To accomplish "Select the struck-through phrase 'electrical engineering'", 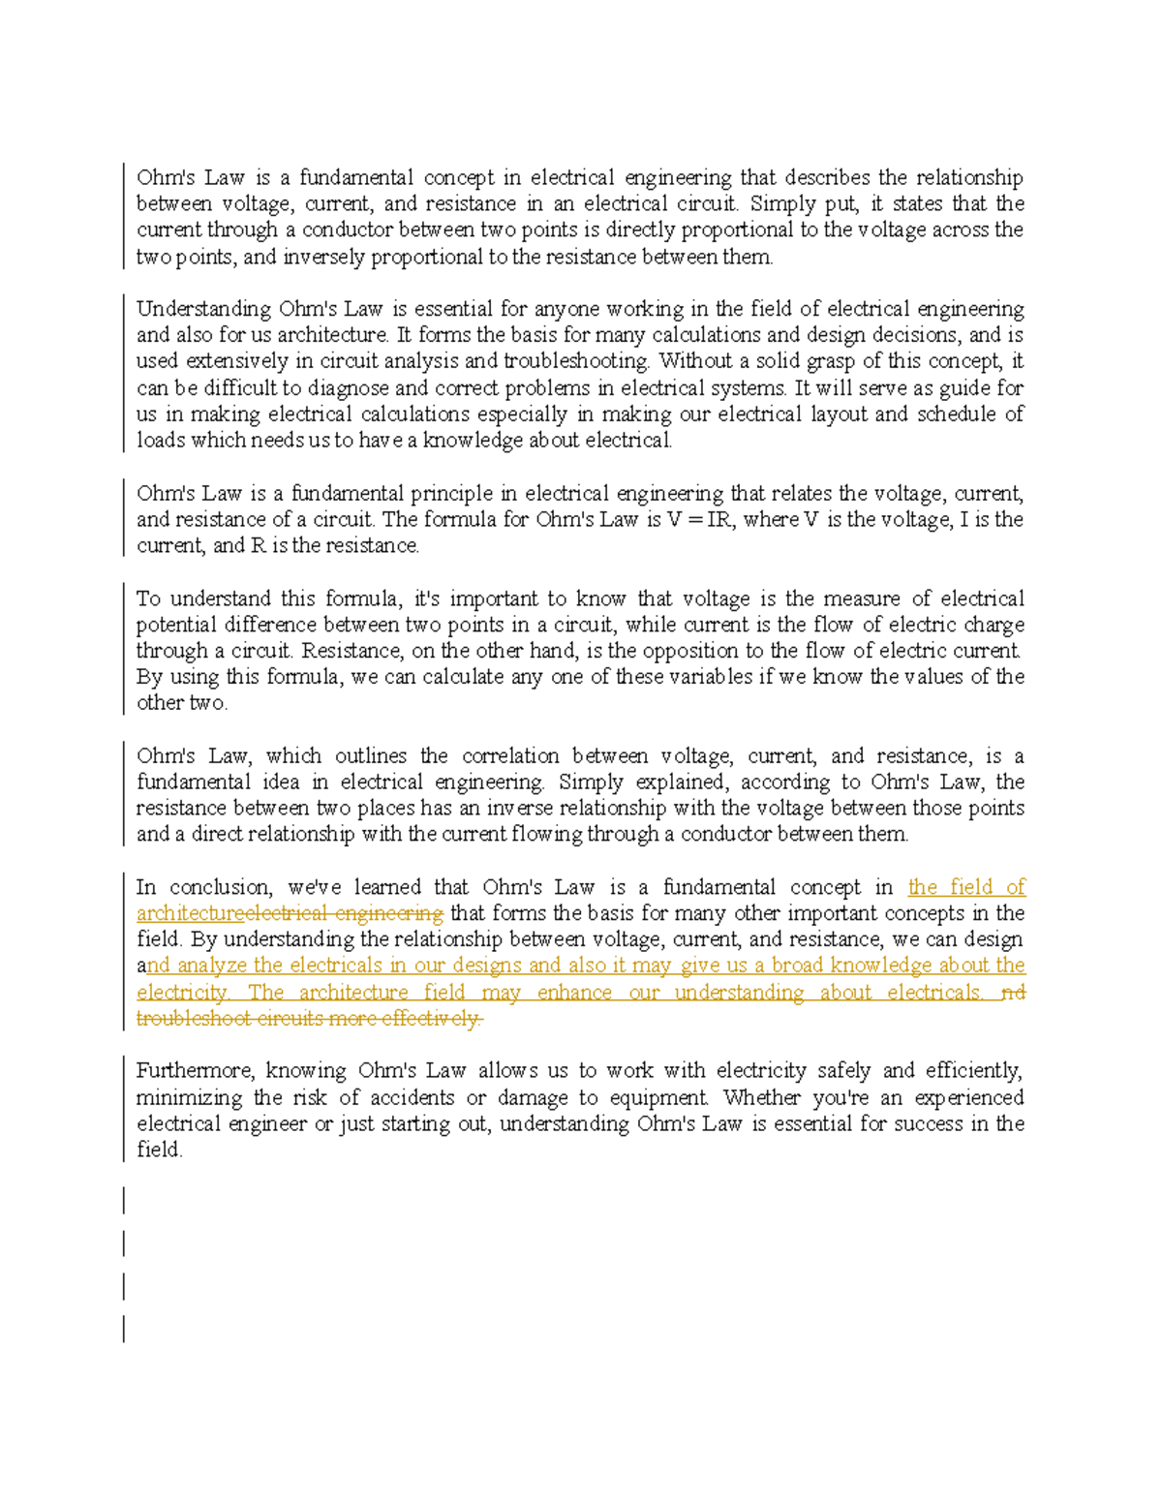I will (345, 913).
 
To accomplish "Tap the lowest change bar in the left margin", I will (124, 1328).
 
